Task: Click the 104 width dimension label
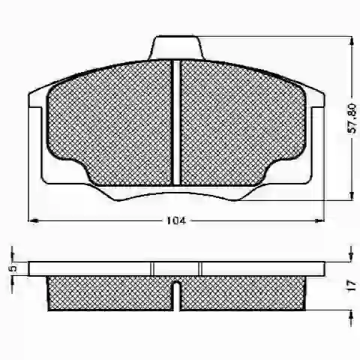point(176,220)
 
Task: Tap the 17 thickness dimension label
point(352,286)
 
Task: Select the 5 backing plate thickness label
point(13,268)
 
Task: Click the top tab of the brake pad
point(176,47)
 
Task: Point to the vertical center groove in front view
point(176,123)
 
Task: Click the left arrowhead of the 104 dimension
point(33,220)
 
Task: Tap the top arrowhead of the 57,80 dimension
point(352,41)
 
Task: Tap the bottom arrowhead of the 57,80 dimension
point(352,194)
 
